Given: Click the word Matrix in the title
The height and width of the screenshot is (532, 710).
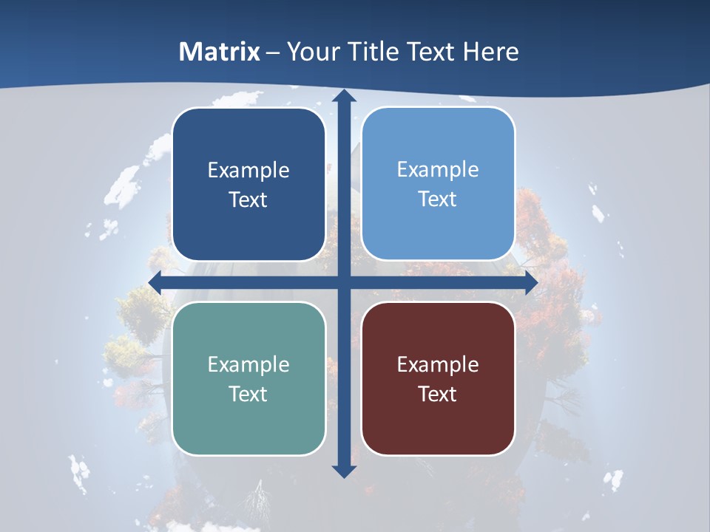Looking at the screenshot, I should (220, 52).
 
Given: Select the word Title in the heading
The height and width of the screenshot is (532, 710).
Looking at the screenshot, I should (373, 52).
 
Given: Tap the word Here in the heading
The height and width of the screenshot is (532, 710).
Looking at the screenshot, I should (491, 52).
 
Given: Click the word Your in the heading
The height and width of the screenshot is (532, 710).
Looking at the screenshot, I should (312, 52).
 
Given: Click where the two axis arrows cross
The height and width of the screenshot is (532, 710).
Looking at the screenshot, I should (344, 283).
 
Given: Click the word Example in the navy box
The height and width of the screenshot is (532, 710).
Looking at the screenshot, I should (248, 171).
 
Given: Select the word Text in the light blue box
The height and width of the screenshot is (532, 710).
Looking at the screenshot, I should (438, 199).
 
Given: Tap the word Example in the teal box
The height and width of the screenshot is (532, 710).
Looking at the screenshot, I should (248, 365).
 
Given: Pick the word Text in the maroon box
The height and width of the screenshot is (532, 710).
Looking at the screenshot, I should (438, 395).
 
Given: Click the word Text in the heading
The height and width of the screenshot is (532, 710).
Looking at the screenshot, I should (429, 52).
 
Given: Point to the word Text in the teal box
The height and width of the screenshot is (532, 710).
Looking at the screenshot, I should (248, 395).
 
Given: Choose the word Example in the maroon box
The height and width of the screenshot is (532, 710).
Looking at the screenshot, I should (438, 365).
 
